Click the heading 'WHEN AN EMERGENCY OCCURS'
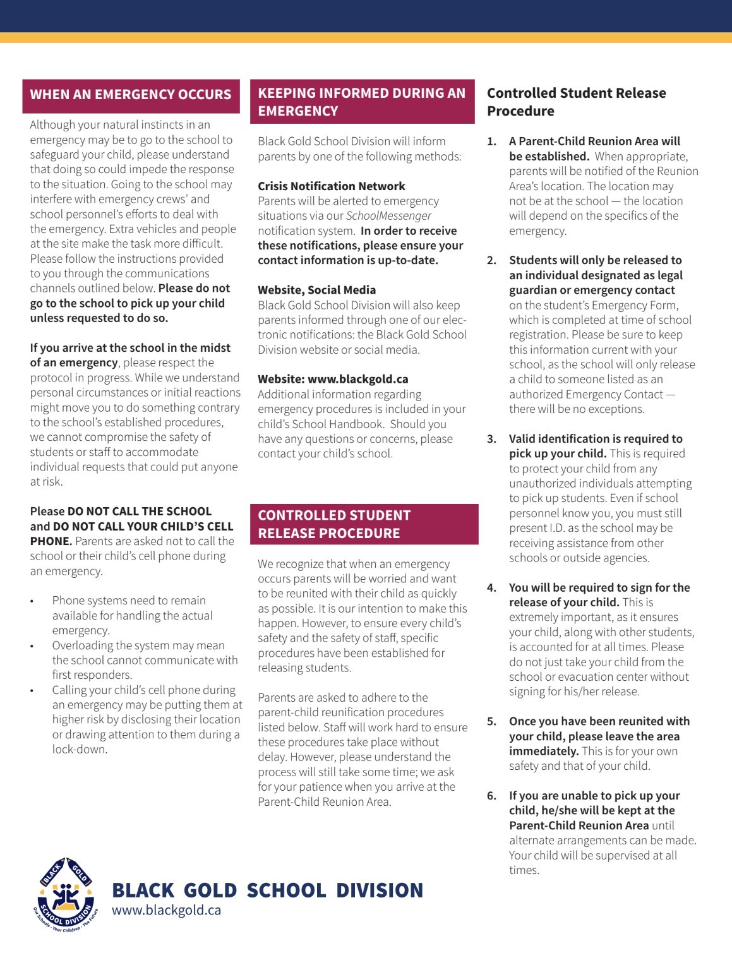point(131,95)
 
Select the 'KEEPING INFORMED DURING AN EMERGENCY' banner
point(361,102)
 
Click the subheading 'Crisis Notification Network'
point(331,186)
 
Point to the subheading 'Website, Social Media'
point(316,291)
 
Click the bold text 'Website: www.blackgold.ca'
point(333,380)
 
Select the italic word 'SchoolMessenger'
point(388,216)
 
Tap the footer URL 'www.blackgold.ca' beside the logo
point(166,910)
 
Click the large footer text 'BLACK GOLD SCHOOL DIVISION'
point(267,890)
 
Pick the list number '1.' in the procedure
point(491,141)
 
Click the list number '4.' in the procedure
point(491,588)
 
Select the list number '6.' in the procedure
point(491,796)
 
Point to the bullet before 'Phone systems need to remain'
point(32,601)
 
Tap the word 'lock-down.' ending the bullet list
point(80,750)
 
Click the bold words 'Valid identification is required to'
point(596,439)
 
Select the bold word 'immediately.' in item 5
point(544,752)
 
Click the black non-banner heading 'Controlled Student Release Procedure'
point(576,102)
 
